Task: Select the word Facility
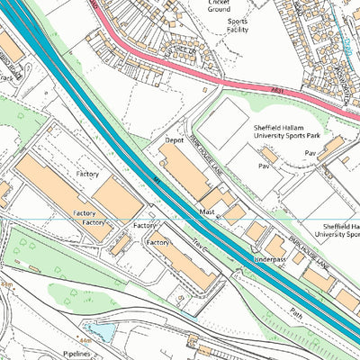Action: [238, 29]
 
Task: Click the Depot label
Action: [175, 141]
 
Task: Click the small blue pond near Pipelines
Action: [100, 334]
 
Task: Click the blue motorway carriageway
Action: [135, 153]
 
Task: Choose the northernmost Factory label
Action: [87, 174]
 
